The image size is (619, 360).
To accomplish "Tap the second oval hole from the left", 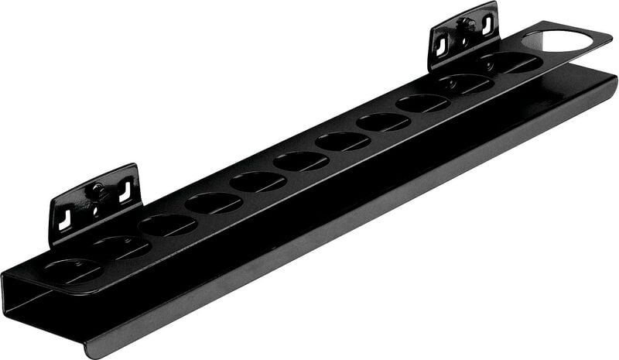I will pos(121,248).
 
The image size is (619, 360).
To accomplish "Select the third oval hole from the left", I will pos(167,225).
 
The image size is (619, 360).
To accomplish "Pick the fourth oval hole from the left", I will pos(213,203).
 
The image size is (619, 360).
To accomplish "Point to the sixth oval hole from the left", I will pos(301,161).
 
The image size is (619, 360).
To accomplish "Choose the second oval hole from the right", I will pos(467,84).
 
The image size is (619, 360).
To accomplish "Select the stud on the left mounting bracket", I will pos(97,189).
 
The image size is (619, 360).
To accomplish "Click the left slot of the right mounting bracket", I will pos(441,46).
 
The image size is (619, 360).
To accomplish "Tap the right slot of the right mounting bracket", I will pos(487,25).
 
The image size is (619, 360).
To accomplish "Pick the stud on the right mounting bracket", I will pos(464,23).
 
